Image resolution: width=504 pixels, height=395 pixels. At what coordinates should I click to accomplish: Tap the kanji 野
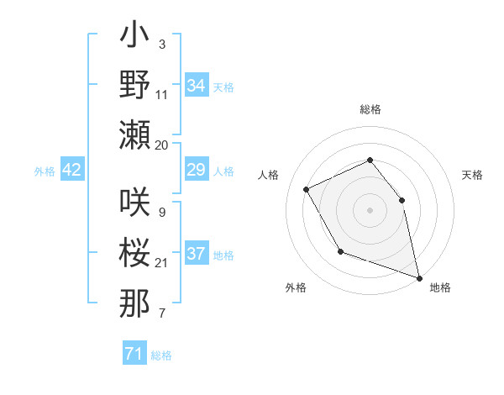(134, 85)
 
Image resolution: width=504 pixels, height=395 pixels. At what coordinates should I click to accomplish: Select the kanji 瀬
(134, 134)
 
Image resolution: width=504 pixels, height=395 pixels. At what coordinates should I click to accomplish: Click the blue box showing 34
(196, 86)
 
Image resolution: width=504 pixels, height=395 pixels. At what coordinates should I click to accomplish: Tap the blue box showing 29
(196, 171)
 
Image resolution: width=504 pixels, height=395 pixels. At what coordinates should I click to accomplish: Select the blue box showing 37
(196, 255)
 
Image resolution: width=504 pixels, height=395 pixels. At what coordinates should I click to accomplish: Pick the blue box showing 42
(72, 171)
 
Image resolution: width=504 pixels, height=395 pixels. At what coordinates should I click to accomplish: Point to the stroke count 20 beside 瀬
(162, 145)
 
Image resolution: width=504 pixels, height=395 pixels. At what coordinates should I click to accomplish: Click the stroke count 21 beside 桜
(162, 263)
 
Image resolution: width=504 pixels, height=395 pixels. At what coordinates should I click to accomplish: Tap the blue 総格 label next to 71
(161, 355)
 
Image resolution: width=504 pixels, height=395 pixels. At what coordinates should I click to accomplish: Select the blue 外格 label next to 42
(45, 171)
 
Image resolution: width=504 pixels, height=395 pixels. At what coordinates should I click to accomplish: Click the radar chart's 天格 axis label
(473, 175)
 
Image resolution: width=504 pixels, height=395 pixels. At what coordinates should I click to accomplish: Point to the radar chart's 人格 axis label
(268, 175)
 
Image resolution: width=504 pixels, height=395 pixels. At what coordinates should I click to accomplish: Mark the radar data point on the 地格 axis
(420, 278)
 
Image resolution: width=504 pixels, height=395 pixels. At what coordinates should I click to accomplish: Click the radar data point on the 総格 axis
(370, 160)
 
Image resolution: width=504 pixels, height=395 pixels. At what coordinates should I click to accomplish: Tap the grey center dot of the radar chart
(370, 209)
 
